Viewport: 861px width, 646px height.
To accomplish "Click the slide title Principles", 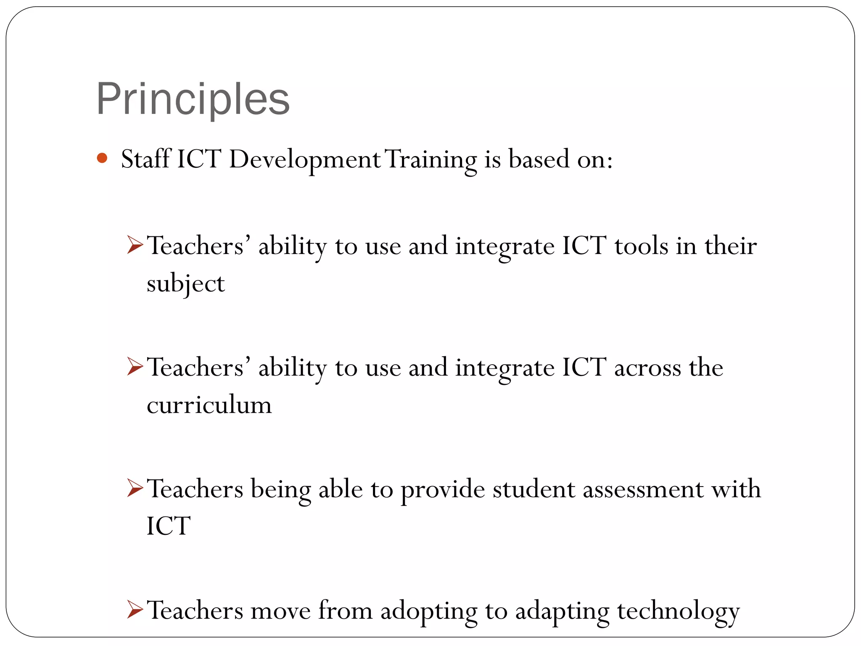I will [x=193, y=99].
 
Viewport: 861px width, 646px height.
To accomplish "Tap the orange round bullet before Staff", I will [x=102, y=158].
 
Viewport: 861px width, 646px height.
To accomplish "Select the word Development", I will [x=305, y=160].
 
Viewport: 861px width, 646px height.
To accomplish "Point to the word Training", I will [x=431, y=160].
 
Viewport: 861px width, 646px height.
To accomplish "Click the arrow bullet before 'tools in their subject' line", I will [x=135, y=245].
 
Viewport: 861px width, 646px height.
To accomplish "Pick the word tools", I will [x=641, y=246].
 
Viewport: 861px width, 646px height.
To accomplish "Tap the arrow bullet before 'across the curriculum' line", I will [x=135, y=367].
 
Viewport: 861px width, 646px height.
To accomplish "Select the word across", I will [x=647, y=368].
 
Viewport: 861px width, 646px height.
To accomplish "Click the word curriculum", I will [x=209, y=405].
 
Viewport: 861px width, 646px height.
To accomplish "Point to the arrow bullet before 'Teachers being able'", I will [x=135, y=488].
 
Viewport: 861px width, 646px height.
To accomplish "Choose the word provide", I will [x=443, y=490].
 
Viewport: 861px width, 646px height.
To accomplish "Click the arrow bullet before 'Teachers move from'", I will [x=135, y=610].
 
